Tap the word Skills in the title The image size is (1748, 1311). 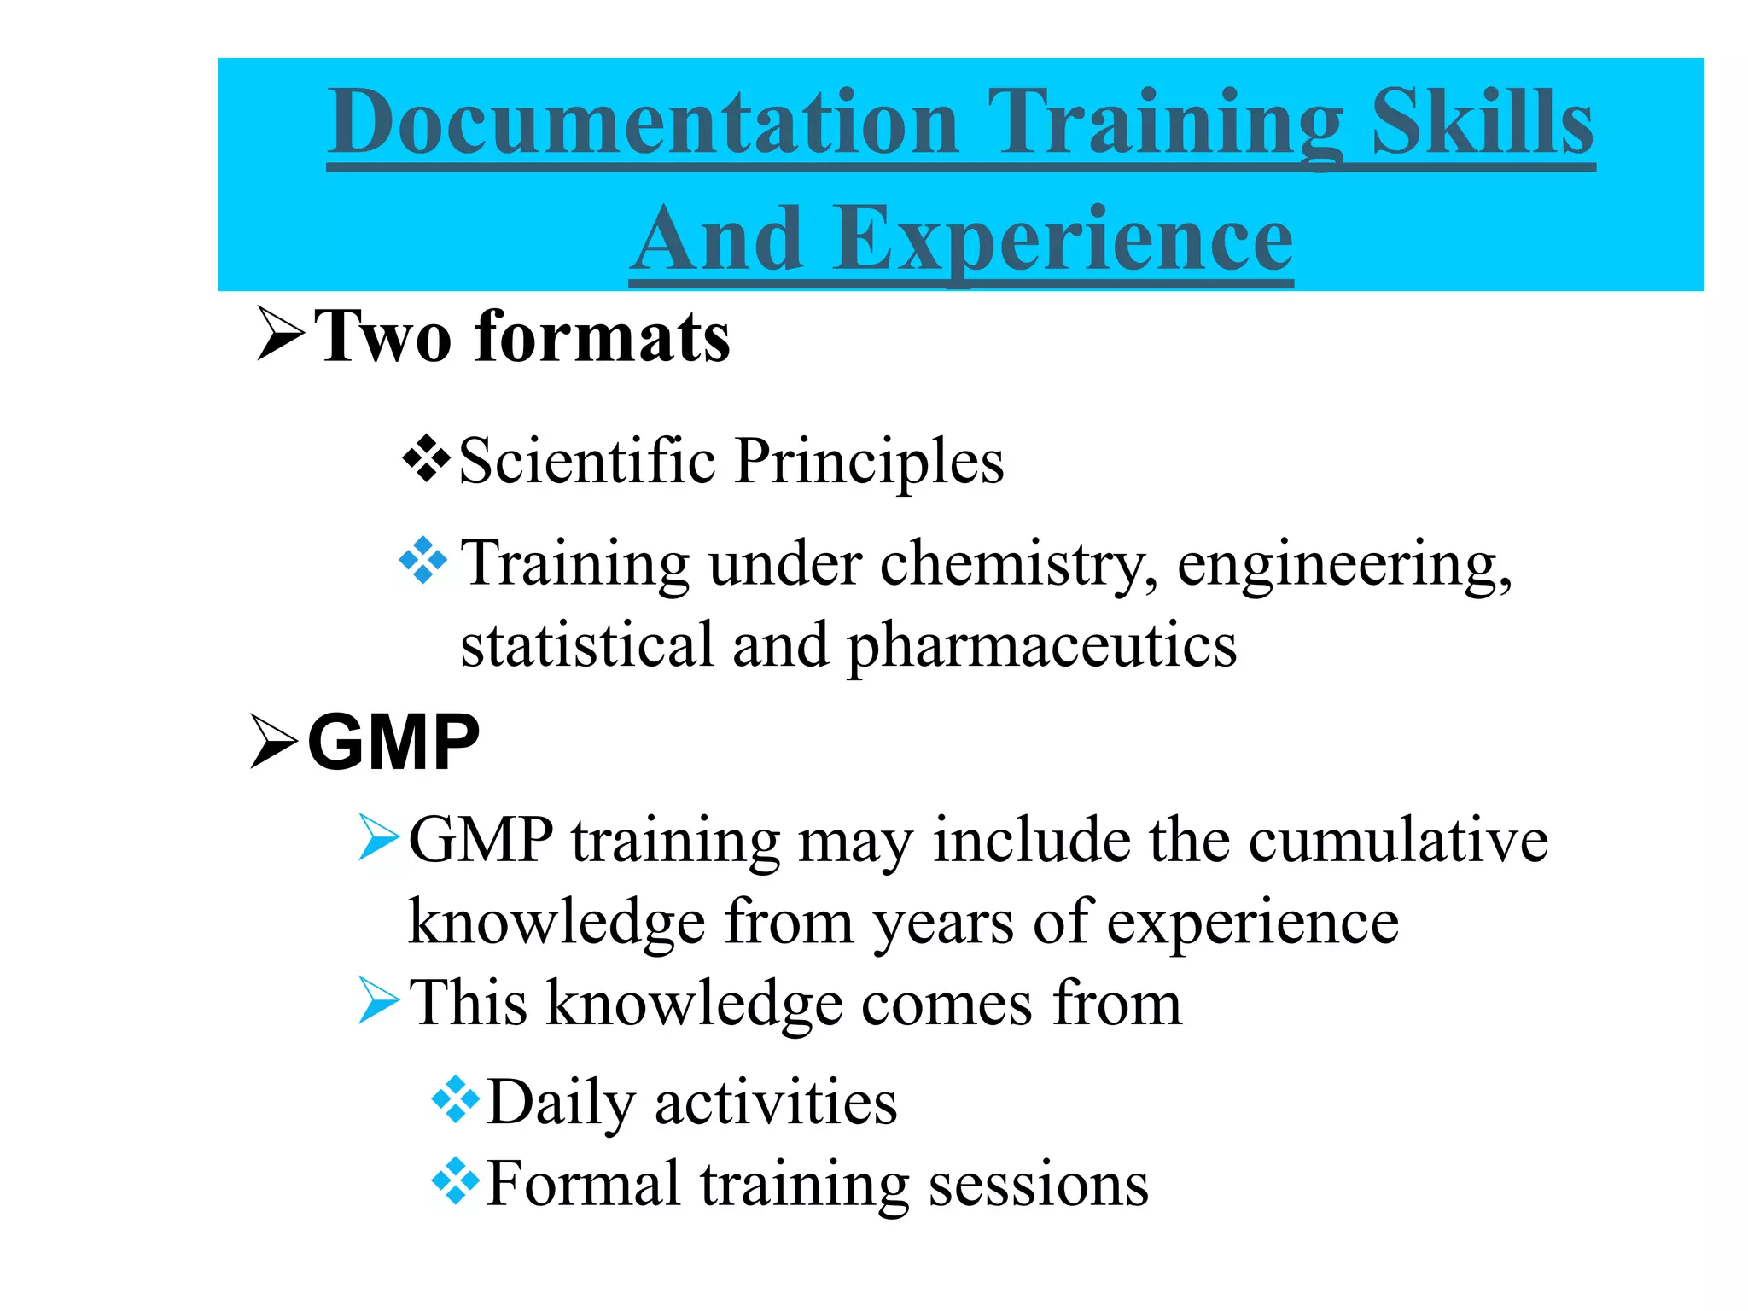click(1482, 124)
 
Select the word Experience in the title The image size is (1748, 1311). click(1063, 240)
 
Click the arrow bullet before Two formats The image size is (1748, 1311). click(280, 335)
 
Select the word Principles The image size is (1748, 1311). click(870, 463)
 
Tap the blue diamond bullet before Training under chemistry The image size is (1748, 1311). click(423, 561)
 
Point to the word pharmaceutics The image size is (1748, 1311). click(1041, 645)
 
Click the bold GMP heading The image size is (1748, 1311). click(393, 743)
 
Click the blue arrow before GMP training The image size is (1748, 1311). click(378, 836)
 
